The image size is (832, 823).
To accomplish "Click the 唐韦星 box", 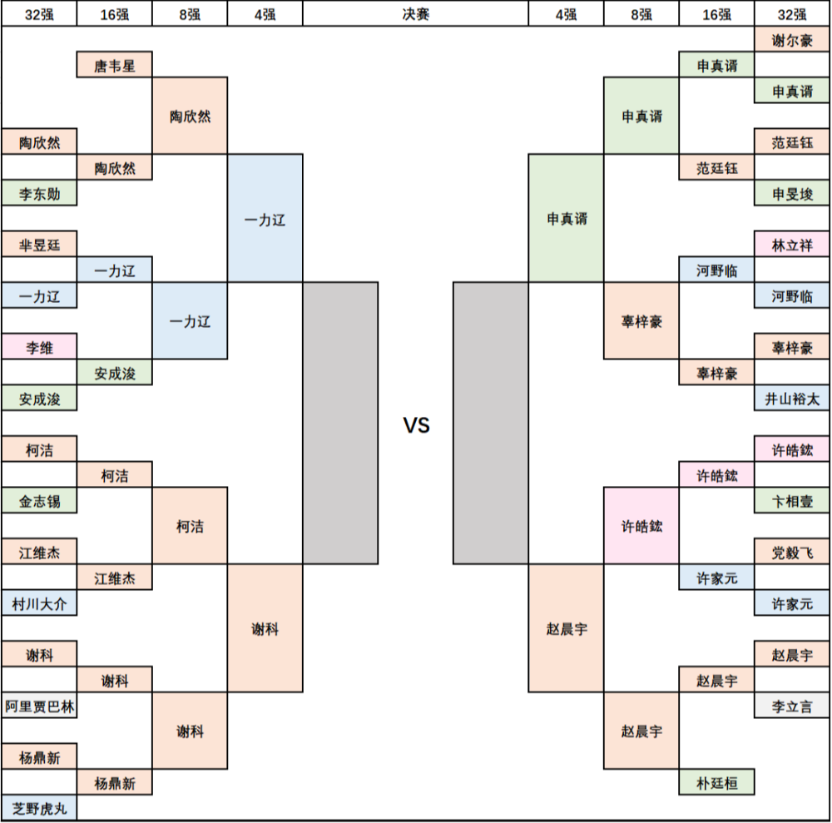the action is pyautogui.click(x=115, y=65).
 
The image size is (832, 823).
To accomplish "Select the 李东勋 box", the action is pyautogui.click(x=39, y=193).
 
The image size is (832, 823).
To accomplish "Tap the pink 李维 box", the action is pyautogui.click(x=39, y=347).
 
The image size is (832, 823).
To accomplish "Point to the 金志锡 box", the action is pyautogui.click(x=39, y=500).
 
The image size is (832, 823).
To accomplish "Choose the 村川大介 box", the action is pyautogui.click(x=39, y=602).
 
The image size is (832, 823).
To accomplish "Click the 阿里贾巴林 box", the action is pyautogui.click(x=39, y=706).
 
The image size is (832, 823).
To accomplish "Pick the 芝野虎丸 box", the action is pyautogui.click(x=39, y=808).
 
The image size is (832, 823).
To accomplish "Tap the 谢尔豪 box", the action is pyautogui.click(x=792, y=39).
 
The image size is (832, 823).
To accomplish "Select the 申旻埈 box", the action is pyautogui.click(x=792, y=193).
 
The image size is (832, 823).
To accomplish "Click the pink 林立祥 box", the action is pyautogui.click(x=792, y=244).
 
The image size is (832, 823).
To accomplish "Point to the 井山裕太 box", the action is pyautogui.click(x=792, y=398).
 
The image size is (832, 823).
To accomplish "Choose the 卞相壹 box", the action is pyautogui.click(x=792, y=500).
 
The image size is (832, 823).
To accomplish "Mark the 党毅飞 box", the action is pyautogui.click(x=792, y=552).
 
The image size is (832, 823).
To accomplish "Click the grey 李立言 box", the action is pyautogui.click(x=792, y=706).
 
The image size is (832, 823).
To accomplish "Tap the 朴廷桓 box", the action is pyautogui.click(x=716, y=782).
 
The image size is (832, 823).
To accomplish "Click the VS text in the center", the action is pyautogui.click(x=416, y=425).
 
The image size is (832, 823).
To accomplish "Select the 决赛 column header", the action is pyautogui.click(x=415, y=14).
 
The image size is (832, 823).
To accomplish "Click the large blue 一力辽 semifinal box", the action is pyautogui.click(x=265, y=218).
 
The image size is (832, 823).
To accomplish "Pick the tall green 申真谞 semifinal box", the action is pyautogui.click(x=566, y=218).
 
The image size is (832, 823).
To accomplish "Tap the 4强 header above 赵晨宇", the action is pyautogui.click(x=566, y=14).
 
